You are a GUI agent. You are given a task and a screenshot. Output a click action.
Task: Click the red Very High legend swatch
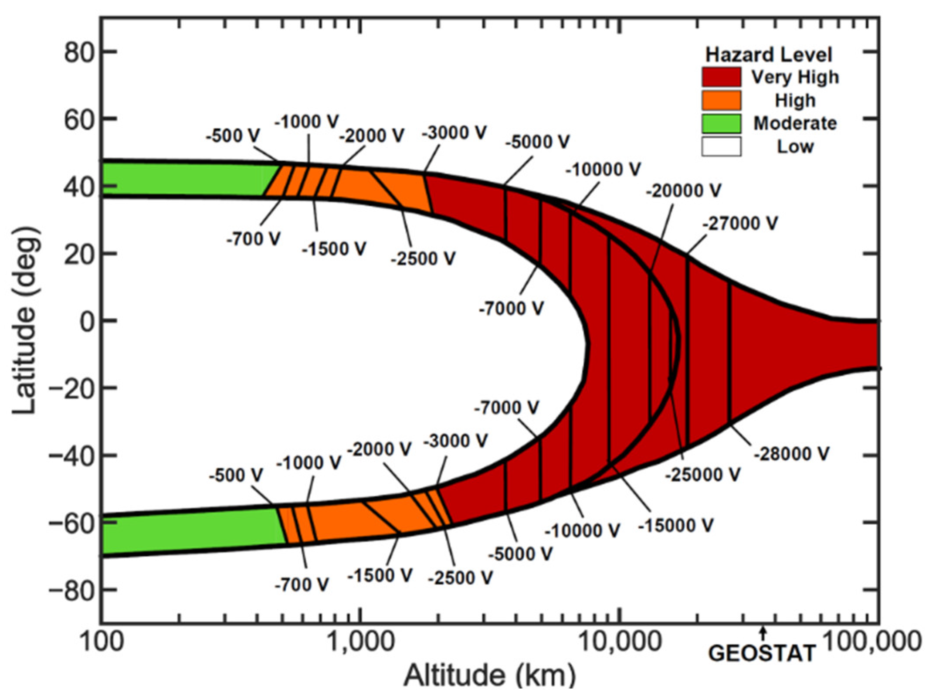point(721,77)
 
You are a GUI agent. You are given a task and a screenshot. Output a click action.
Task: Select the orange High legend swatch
point(721,100)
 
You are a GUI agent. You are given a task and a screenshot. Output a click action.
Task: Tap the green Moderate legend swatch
point(721,123)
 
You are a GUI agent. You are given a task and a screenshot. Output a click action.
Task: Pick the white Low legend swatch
point(721,146)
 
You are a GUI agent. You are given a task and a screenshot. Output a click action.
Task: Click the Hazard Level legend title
point(769,55)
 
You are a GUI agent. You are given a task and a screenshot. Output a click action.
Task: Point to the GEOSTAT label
point(762,653)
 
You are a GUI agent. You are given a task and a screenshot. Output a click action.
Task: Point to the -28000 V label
point(791,454)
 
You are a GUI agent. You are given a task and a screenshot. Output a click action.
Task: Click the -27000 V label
point(740,224)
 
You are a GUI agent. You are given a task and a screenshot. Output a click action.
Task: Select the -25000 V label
point(702,474)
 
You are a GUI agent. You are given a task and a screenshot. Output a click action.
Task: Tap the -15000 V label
point(675,525)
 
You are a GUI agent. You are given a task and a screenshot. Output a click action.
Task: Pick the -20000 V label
point(683,190)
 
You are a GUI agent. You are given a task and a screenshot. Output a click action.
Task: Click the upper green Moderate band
point(183,180)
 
